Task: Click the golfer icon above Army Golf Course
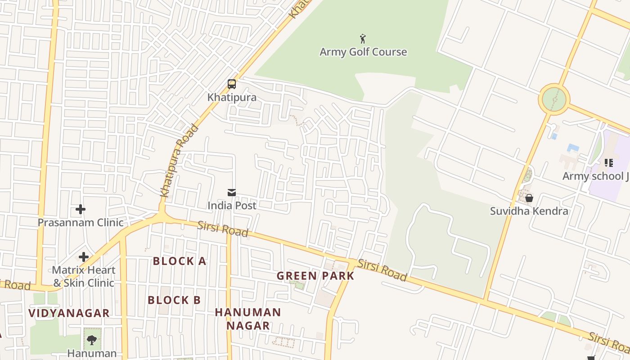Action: pyautogui.click(x=363, y=39)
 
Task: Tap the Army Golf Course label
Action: pyautogui.click(x=363, y=52)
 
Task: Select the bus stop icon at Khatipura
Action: pyautogui.click(x=232, y=84)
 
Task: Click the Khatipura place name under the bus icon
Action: pyautogui.click(x=232, y=97)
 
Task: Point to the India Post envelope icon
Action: pyautogui.click(x=232, y=193)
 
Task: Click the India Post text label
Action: pyautogui.click(x=232, y=206)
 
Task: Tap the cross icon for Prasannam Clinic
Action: pyautogui.click(x=81, y=209)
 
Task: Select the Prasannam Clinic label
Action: pyautogui.click(x=81, y=222)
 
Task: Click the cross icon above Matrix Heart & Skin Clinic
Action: pyautogui.click(x=84, y=257)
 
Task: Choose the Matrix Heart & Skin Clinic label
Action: pyautogui.click(x=84, y=276)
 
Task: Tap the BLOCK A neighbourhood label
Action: pyautogui.click(x=180, y=261)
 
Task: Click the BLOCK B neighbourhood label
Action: pyautogui.click(x=174, y=300)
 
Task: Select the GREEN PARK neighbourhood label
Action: pyautogui.click(x=315, y=276)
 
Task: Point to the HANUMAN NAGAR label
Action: pyautogui.click(x=248, y=319)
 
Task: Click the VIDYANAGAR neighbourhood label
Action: pyautogui.click(x=69, y=313)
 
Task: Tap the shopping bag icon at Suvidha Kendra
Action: pyautogui.click(x=529, y=198)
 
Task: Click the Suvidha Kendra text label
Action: pyautogui.click(x=529, y=211)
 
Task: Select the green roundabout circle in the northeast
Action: pyautogui.click(x=554, y=99)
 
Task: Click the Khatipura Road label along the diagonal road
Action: pyautogui.click(x=180, y=161)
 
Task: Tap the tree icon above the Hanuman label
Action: pyautogui.click(x=92, y=340)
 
